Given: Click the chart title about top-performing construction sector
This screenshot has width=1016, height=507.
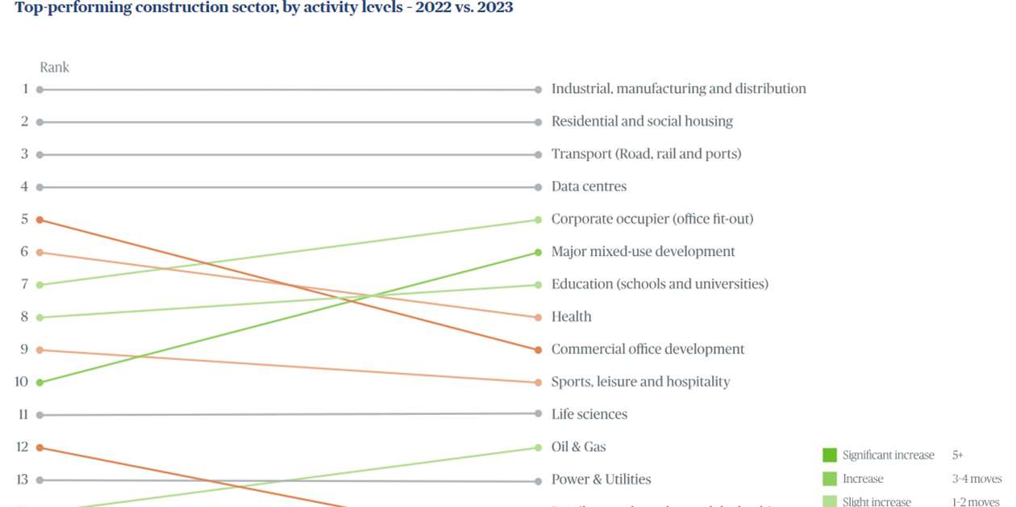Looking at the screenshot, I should coord(264,8).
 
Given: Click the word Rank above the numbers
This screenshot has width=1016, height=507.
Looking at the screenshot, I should coord(54,68).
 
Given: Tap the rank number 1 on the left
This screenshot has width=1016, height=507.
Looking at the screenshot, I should coord(25,89).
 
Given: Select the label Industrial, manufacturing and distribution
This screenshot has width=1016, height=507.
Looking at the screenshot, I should coord(678,89).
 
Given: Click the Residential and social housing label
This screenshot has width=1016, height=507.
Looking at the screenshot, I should coord(642,121).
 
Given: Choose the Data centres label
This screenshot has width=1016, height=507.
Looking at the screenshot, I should coord(589,186).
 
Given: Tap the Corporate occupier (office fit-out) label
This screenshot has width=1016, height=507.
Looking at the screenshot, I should coord(652,219).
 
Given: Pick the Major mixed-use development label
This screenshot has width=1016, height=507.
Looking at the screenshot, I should coord(643,252).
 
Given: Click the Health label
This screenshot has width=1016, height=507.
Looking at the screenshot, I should coord(571,317).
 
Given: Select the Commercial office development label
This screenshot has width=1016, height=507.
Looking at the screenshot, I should coord(647,350).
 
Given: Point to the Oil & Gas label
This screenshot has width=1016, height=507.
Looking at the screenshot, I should coord(578,447).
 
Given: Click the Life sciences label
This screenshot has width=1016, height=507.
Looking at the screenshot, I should coord(589,414).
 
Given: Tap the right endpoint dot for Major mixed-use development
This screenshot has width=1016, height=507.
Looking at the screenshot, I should coord(538,253).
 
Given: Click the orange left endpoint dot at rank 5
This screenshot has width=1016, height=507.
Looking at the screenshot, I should coord(40,220).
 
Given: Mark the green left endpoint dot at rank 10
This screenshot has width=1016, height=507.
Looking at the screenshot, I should coord(40,383).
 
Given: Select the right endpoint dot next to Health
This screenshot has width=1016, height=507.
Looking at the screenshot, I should coord(538,318).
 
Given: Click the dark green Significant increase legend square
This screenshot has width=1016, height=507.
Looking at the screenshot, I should coord(830,455).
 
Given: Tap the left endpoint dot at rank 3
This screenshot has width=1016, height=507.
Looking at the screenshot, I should coord(40,154).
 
